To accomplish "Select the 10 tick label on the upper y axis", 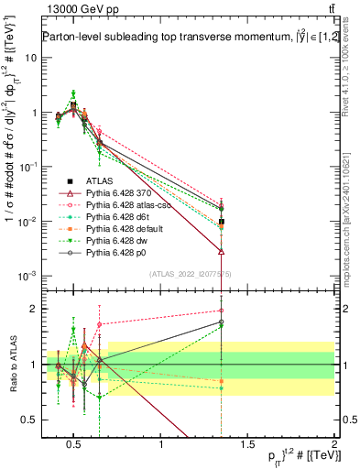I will click(31, 58).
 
